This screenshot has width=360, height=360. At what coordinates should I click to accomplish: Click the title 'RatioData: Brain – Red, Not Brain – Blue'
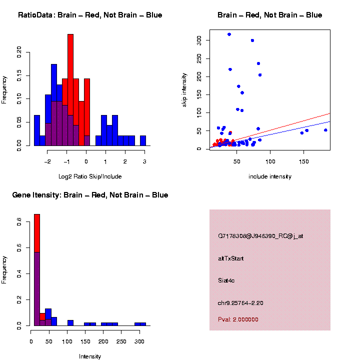90,15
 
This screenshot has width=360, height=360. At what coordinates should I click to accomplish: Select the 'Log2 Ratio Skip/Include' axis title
90,176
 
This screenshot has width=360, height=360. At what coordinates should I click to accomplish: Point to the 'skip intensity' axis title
184,89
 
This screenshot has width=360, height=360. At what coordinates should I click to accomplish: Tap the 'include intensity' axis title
270,176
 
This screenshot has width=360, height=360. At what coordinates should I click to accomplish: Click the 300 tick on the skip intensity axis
199,39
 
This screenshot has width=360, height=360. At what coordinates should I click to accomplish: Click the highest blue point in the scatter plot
229,34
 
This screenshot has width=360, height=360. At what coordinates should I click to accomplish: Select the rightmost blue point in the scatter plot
325,130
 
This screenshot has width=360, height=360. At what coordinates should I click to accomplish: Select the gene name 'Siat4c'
226,280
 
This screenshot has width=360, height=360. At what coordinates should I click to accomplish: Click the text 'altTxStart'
231,258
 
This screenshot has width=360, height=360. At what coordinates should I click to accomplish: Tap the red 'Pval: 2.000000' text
238,319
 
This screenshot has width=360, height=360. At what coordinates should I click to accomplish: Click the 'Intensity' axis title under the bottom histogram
90,356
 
